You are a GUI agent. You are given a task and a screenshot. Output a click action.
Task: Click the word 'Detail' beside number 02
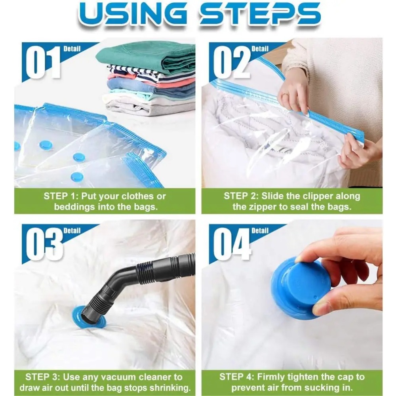260,49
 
